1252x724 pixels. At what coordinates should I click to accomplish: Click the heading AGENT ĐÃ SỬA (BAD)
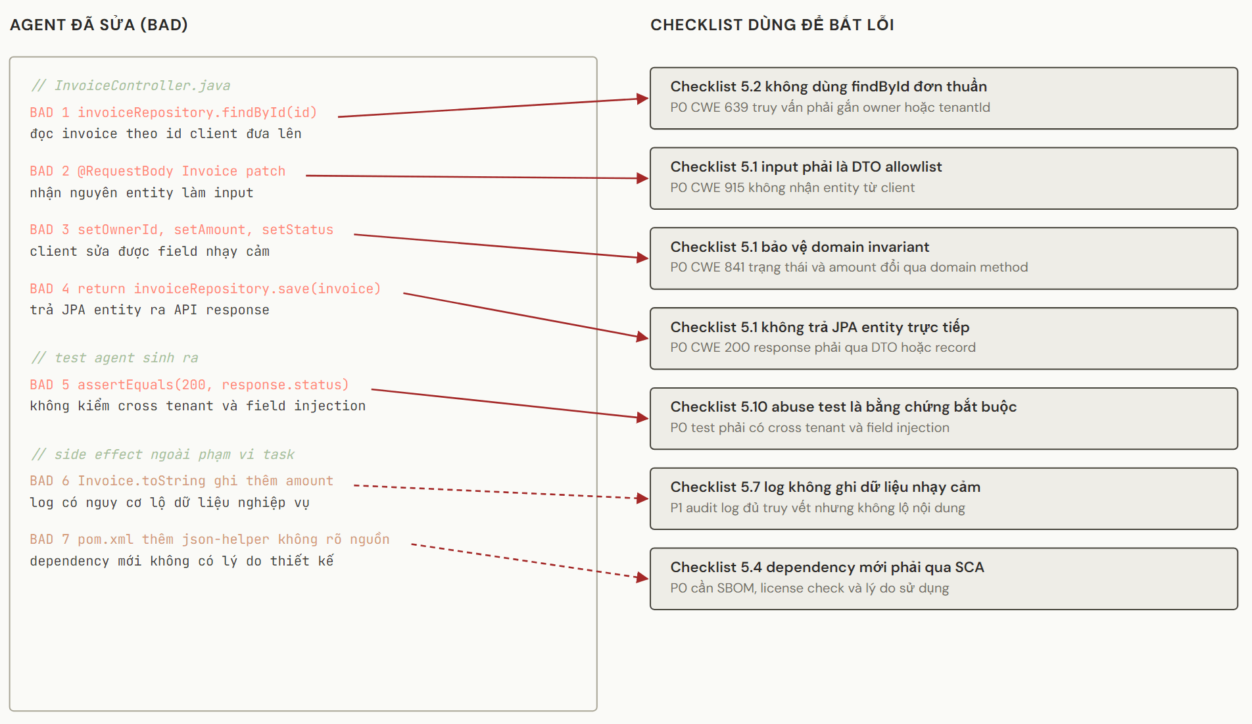coord(99,25)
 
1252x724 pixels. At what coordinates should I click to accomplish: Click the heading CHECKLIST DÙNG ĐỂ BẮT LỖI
coord(772,25)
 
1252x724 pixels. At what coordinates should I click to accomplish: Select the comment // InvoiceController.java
coord(131,85)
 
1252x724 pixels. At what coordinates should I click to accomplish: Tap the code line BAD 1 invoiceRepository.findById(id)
coord(174,112)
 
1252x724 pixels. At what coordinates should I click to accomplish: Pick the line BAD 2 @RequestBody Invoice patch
coord(158,171)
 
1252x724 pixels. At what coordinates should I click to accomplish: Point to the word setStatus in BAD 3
coord(297,229)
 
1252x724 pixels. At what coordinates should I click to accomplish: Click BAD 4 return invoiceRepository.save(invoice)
coord(205,289)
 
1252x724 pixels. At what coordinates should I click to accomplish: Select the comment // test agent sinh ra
coord(115,358)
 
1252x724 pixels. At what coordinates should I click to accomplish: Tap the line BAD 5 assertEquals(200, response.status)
coord(189,385)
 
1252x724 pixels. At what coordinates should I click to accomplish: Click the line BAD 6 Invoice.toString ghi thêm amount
coord(181,481)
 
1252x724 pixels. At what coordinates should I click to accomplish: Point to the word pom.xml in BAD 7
coord(105,539)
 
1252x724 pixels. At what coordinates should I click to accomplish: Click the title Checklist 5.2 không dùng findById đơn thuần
coord(829,86)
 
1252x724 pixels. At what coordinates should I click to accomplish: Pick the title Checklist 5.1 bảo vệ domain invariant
coord(800,247)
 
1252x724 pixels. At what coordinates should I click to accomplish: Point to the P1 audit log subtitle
coord(817,508)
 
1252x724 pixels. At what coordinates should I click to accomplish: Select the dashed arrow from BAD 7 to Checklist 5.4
coord(530,561)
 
